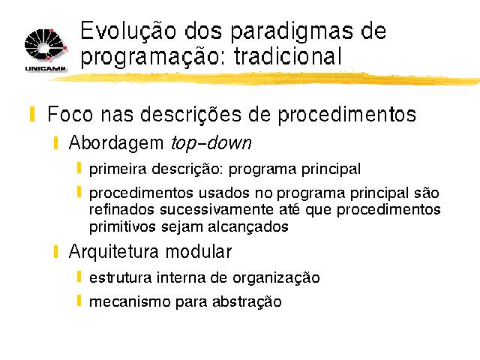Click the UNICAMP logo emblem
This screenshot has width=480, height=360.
pos(46,45)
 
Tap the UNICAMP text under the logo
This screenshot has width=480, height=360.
pos(46,68)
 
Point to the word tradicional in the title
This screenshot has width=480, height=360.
pos(288,56)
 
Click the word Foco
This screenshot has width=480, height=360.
pos(70,114)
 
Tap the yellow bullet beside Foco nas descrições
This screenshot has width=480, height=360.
pos(32,114)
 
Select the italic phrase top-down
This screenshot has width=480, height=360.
pos(211,143)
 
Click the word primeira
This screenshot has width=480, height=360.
pos(118,169)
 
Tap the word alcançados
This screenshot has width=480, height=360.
pos(248,227)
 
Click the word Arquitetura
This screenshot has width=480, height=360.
pos(114,252)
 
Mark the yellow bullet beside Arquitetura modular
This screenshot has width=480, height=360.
pos(55,252)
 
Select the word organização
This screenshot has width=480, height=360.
pos(276,278)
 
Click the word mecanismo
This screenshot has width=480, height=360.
pos(130,301)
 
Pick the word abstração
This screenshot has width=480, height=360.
pos(247,301)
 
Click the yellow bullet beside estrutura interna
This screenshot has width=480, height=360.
pos(79,277)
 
